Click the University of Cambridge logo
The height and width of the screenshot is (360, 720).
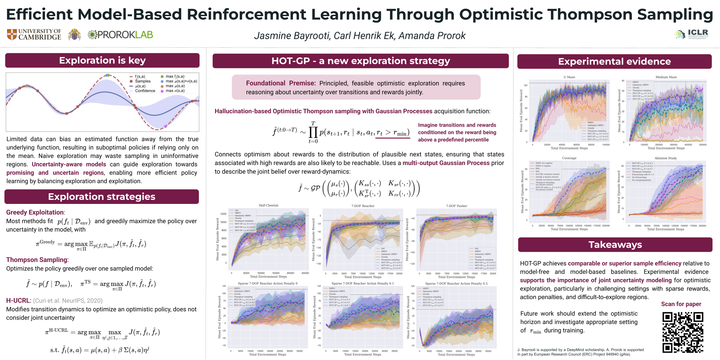(x=34, y=35)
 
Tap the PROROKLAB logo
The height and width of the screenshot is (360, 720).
(x=120, y=35)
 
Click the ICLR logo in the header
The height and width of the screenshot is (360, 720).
(x=692, y=34)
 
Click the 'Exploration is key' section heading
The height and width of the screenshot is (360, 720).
(x=102, y=60)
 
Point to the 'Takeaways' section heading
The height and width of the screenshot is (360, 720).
(x=615, y=245)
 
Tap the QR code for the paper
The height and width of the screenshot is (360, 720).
(x=683, y=332)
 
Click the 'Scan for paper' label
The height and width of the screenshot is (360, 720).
(x=681, y=304)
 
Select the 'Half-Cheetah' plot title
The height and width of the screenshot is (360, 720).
(x=268, y=205)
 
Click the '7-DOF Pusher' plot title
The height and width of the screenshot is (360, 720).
(x=456, y=206)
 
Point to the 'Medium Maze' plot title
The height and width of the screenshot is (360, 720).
(x=666, y=77)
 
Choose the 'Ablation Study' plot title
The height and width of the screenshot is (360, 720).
(x=666, y=158)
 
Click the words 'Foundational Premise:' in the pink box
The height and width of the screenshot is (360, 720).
(x=281, y=83)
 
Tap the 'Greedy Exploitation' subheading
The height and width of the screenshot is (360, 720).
(x=35, y=212)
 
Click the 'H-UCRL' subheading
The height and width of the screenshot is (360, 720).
(x=18, y=300)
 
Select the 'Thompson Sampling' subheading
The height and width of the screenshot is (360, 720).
(x=37, y=260)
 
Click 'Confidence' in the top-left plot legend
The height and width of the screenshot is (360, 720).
(x=145, y=91)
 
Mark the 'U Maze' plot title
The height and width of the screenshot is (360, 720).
(x=569, y=77)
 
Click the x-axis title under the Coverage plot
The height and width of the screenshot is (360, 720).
(x=569, y=229)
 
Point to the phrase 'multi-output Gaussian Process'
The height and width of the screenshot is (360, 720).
(x=446, y=163)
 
